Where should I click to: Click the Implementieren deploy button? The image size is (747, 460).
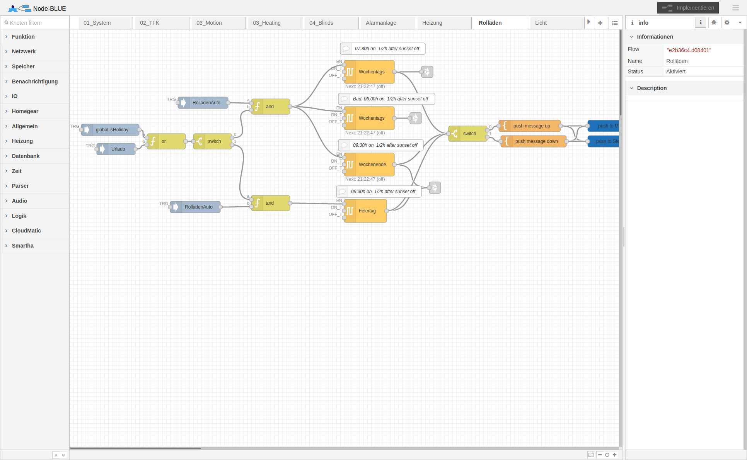coord(688,8)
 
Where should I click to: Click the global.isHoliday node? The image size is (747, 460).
coord(110,130)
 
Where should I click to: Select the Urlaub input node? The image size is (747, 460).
coord(116,149)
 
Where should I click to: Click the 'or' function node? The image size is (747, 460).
coord(166,141)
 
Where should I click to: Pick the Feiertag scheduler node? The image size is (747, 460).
coord(365,211)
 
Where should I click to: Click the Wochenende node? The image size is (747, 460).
coord(369,165)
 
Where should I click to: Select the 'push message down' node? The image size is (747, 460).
coord(534,141)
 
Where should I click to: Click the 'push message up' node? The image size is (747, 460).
coord(530,126)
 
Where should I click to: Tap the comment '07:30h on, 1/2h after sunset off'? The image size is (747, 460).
coord(383,49)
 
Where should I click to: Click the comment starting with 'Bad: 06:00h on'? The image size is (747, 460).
coord(387,99)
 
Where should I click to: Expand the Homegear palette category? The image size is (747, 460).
coord(25,111)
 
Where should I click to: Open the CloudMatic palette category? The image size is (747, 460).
coord(26,231)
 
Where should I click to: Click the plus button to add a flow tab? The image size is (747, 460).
coord(600,23)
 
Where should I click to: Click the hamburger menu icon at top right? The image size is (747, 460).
coord(736,8)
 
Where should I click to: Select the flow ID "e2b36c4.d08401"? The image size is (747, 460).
coord(689,50)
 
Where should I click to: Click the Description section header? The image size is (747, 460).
coord(651,88)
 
